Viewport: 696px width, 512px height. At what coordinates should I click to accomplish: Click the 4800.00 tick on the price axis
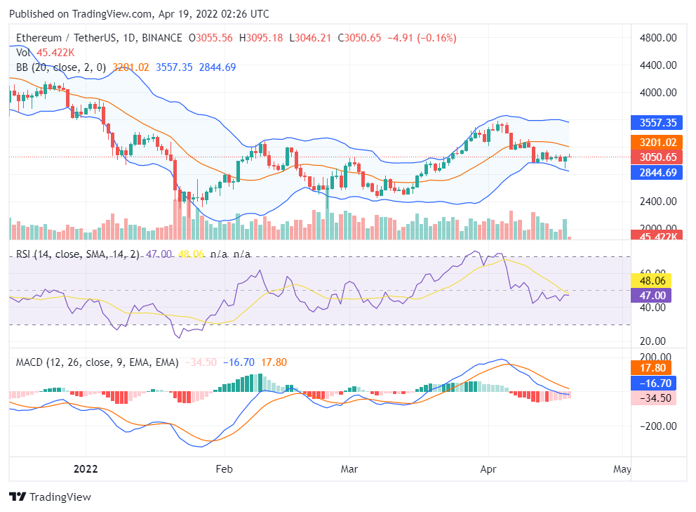[660, 37]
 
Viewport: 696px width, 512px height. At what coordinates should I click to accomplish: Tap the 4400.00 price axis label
[660, 65]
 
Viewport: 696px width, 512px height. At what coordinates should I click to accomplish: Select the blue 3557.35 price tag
[657, 122]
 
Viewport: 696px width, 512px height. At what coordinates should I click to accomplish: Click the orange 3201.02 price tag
[657, 142]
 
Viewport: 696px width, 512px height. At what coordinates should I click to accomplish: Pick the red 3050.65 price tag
[657, 157]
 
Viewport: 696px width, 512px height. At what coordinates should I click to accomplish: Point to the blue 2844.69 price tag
[657, 172]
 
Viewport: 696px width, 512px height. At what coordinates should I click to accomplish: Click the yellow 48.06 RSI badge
[652, 280]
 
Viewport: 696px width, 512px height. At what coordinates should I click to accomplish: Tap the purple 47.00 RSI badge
[652, 295]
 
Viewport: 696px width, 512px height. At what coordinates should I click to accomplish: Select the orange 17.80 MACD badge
[652, 368]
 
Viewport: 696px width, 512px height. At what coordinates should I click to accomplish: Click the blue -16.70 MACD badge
[652, 383]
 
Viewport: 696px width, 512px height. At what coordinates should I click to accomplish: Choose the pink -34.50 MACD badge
[652, 398]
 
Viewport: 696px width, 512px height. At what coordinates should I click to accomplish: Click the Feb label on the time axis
[223, 468]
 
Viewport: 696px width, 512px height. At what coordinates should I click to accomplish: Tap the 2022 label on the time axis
[86, 468]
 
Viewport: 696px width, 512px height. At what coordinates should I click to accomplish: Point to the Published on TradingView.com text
[139, 14]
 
